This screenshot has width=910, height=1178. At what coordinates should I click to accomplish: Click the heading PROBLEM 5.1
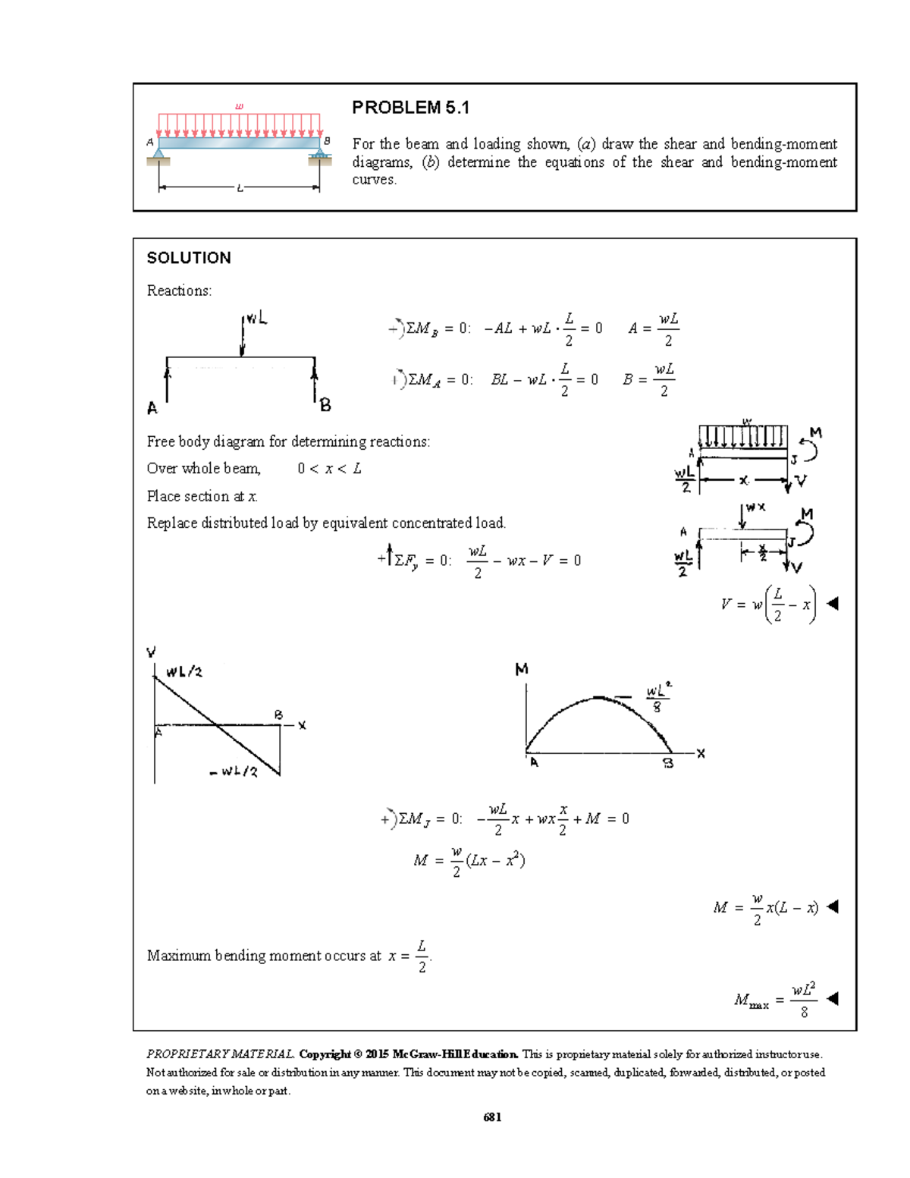(x=410, y=108)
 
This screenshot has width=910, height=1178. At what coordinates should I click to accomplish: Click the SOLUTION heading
(x=189, y=258)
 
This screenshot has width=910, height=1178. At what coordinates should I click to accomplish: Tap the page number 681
(x=492, y=1117)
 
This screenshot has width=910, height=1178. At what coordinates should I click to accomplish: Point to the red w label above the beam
(x=240, y=106)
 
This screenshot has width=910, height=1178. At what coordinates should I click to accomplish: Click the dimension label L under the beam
(x=240, y=188)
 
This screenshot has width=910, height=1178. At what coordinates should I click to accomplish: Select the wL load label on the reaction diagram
(x=256, y=319)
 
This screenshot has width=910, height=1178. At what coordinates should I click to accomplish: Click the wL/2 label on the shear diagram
(x=184, y=672)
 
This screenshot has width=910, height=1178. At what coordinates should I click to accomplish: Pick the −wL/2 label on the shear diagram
(x=234, y=772)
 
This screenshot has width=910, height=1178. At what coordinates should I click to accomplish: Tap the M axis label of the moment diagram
(x=522, y=670)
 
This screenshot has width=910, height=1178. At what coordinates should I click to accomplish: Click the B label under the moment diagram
(x=668, y=764)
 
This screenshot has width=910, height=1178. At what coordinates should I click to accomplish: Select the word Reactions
(x=179, y=291)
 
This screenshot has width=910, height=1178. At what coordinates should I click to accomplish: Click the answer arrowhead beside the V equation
(x=832, y=604)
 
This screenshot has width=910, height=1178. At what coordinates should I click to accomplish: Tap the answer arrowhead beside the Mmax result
(x=832, y=998)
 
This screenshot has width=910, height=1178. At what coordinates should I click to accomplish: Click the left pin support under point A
(x=158, y=155)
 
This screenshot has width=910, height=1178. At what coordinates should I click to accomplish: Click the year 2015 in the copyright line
(x=377, y=1054)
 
